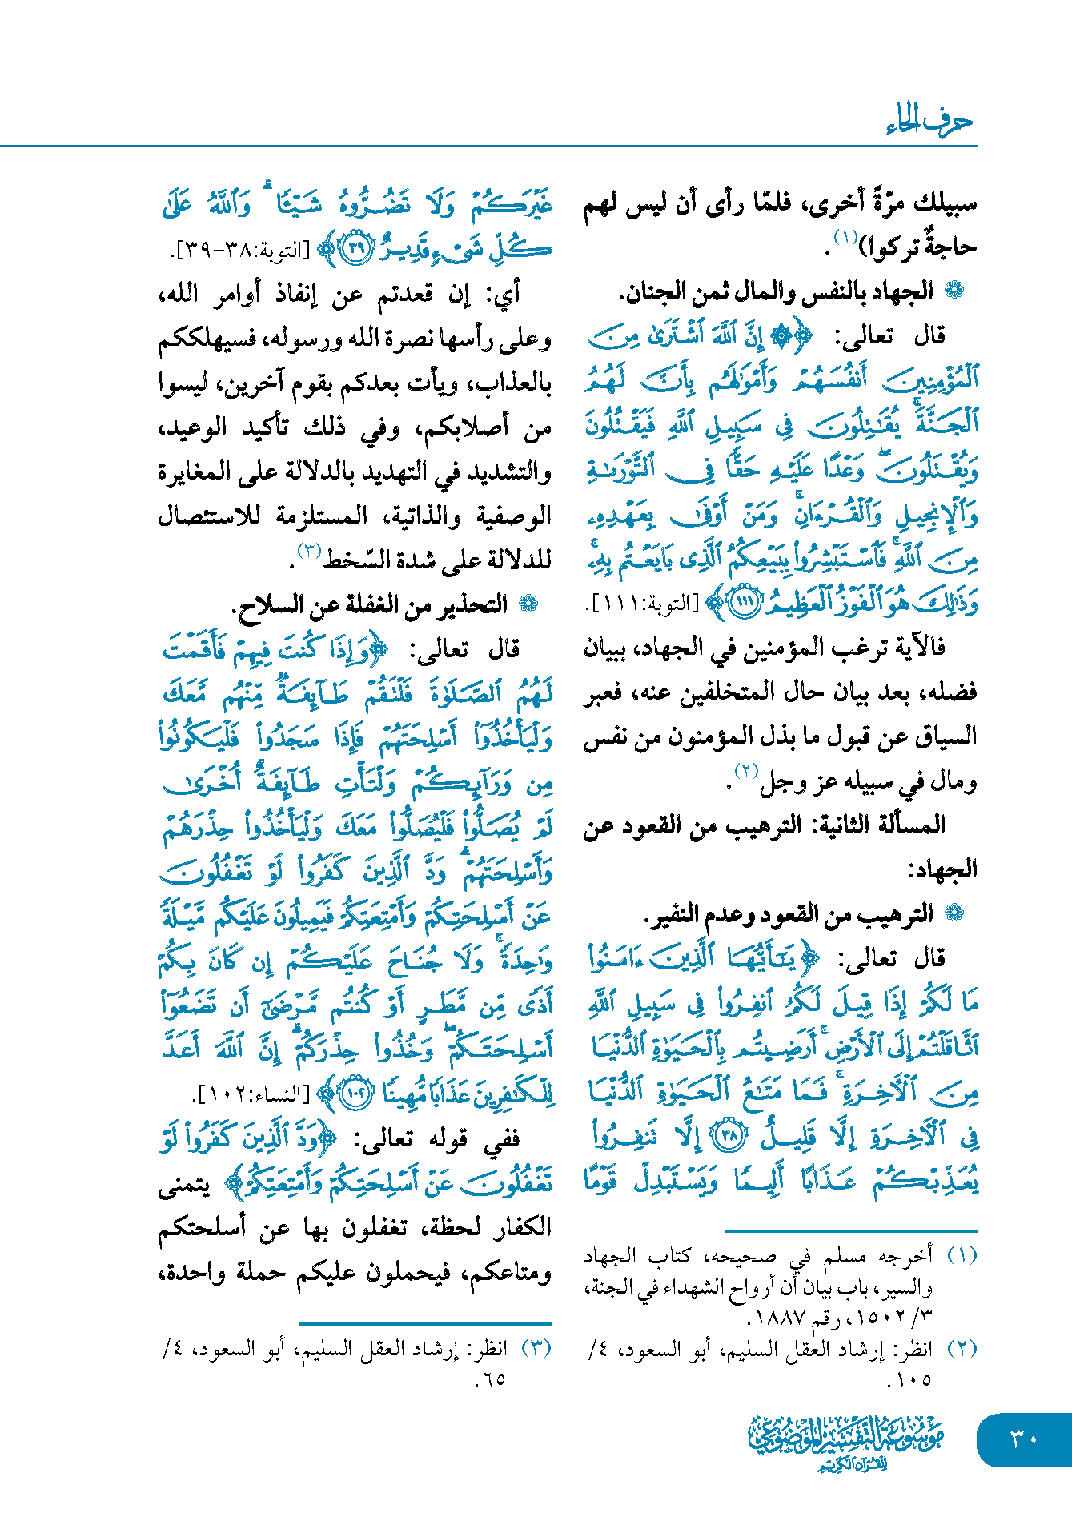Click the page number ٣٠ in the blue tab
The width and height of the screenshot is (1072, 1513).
1024,1439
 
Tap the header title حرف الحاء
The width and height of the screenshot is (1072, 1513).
929,122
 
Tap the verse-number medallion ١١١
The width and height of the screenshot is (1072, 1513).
745,603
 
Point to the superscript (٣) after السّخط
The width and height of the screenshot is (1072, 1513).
309,550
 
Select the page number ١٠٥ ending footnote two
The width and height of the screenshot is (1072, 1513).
909,1379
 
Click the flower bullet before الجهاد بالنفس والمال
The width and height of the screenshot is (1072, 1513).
954,291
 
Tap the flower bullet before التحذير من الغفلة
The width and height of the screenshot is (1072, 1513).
528,604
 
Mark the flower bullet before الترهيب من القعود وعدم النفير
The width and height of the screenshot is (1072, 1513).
954,913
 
